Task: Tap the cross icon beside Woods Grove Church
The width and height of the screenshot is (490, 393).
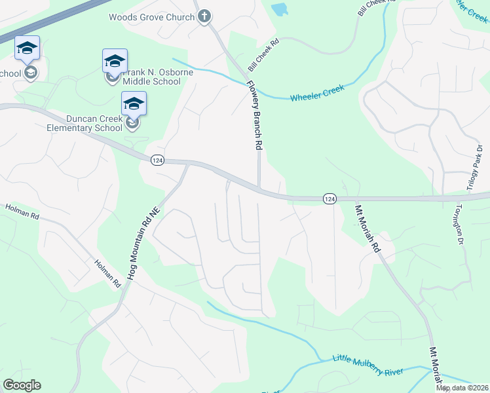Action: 204,16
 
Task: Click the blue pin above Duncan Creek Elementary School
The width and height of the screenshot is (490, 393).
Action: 134,104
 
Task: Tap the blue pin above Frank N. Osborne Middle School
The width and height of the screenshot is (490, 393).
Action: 115,62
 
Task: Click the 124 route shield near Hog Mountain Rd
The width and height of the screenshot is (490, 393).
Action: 157,161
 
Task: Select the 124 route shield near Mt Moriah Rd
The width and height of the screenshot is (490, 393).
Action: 330,198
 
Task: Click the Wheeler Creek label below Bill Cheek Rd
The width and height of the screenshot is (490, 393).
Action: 317,92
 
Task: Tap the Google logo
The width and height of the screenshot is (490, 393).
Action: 22,384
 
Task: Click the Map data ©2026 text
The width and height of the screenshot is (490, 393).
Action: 462,388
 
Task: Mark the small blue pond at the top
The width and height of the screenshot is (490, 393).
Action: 279,10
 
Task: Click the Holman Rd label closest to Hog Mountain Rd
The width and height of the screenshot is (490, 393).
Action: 108,272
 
